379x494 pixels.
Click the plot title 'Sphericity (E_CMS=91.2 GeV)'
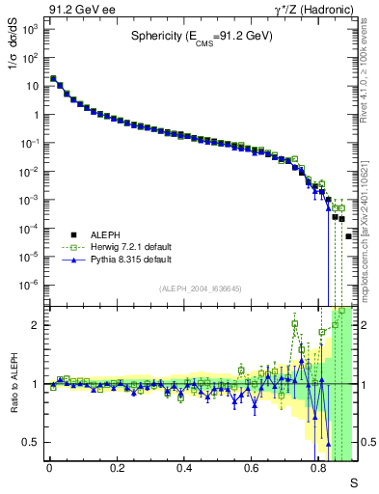tap(203, 38)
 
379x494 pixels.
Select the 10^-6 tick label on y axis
tap(30, 285)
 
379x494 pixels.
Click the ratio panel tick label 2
tap(37, 325)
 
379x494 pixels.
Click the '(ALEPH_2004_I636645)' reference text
tap(200, 289)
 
